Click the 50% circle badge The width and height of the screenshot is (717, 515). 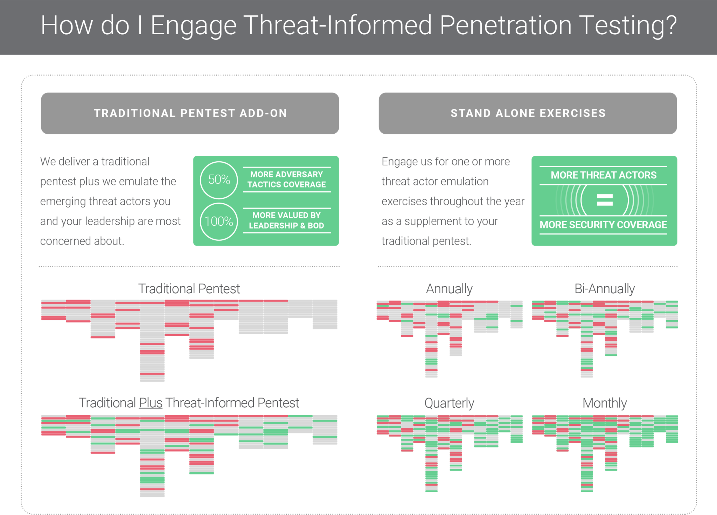pyautogui.click(x=219, y=180)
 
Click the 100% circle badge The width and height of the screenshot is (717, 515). pyautogui.click(x=219, y=221)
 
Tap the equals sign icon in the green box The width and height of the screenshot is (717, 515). pyautogui.click(x=605, y=200)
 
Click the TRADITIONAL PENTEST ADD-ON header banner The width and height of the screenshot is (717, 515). pyautogui.click(x=190, y=113)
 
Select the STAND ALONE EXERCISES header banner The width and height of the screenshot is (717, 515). pyautogui.click(x=528, y=113)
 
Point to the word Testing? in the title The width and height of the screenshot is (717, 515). pyautogui.click(x=628, y=26)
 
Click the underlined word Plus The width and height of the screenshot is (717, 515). pyautogui.click(x=151, y=403)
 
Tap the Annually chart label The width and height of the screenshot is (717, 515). pyautogui.click(x=449, y=289)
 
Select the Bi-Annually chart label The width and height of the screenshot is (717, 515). pyautogui.click(x=605, y=289)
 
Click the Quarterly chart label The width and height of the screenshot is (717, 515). pyautogui.click(x=449, y=403)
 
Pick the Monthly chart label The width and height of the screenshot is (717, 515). pyautogui.click(x=605, y=403)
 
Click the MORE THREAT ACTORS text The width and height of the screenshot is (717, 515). pyautogui.click(x=604, y=175)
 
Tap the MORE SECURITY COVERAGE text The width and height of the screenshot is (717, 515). pyautogui.click(x=603, y=225)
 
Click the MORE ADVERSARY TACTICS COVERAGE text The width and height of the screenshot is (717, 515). pyautogui.click(x=286, y=179)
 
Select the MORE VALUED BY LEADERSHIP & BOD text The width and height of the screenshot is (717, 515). pyautogui.click(x=286, y=220)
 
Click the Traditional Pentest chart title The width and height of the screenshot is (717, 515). pyautogui.click(x=189, y=289)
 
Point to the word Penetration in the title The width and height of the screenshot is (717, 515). pyautogui.click(x=506, y=26)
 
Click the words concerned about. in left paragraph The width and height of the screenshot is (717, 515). pyautogui.click(x=82, y=241)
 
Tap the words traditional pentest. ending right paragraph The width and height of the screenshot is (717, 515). pyautogui.click(x=426, y=241)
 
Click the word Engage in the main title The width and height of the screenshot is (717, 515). pyautogui.click(x=194, y=26)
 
